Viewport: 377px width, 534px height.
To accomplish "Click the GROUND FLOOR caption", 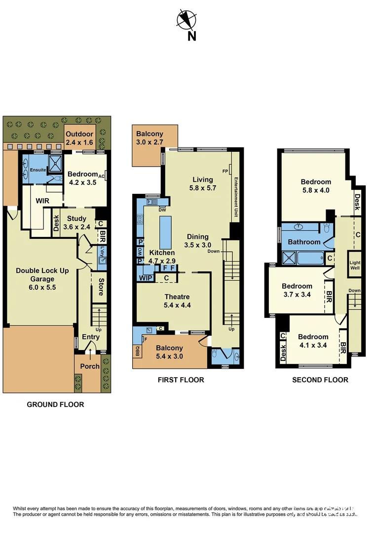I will (x=55, y=404).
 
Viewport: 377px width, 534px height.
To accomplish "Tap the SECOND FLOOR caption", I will (x=320, y=380).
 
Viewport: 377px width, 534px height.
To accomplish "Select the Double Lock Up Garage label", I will (x=42, y=275).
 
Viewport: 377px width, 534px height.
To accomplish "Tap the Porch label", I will (x=90, y=366).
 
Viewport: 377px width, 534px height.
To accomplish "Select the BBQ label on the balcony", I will (x=138, y=352).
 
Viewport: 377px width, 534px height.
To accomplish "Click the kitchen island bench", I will (x=166, y=232).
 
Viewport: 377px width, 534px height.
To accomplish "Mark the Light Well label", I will (x=355, y=265).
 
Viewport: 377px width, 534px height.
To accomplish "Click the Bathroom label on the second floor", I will (x=304, y=242).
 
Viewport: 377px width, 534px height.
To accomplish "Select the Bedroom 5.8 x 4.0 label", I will (x=316, y=186).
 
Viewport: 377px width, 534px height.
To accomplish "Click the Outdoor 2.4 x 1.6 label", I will (x=79, y=138).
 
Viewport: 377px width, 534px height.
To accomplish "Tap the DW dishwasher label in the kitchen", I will (x=161, y=210).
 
